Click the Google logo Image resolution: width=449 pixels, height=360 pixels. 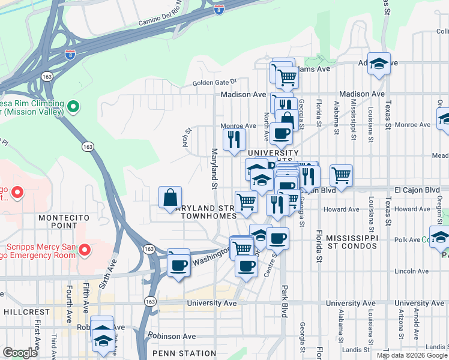20,353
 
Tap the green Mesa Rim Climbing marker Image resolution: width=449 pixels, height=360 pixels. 73,107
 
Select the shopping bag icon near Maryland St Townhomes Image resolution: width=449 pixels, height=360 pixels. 170,197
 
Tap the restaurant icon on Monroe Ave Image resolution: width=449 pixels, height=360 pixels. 234,139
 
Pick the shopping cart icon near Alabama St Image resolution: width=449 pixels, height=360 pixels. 341,176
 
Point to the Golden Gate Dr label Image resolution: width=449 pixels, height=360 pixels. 215,82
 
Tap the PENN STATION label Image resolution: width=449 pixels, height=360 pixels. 184,353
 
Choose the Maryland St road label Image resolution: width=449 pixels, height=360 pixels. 214,169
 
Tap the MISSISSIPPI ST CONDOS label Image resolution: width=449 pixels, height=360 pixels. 352,242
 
